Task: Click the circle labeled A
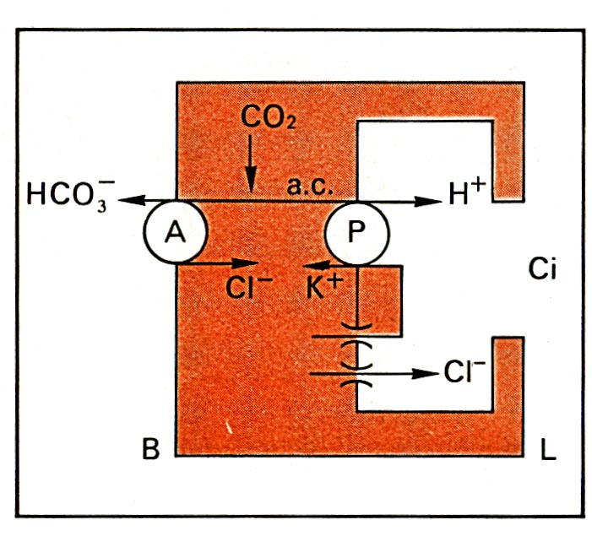[175, 234]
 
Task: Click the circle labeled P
[356, 234]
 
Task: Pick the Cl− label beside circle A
[247, 287]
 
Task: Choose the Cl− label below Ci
[464, 372]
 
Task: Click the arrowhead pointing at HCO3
[127, 200]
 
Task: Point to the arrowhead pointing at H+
[425, 200]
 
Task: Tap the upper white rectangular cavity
[424, 160]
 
